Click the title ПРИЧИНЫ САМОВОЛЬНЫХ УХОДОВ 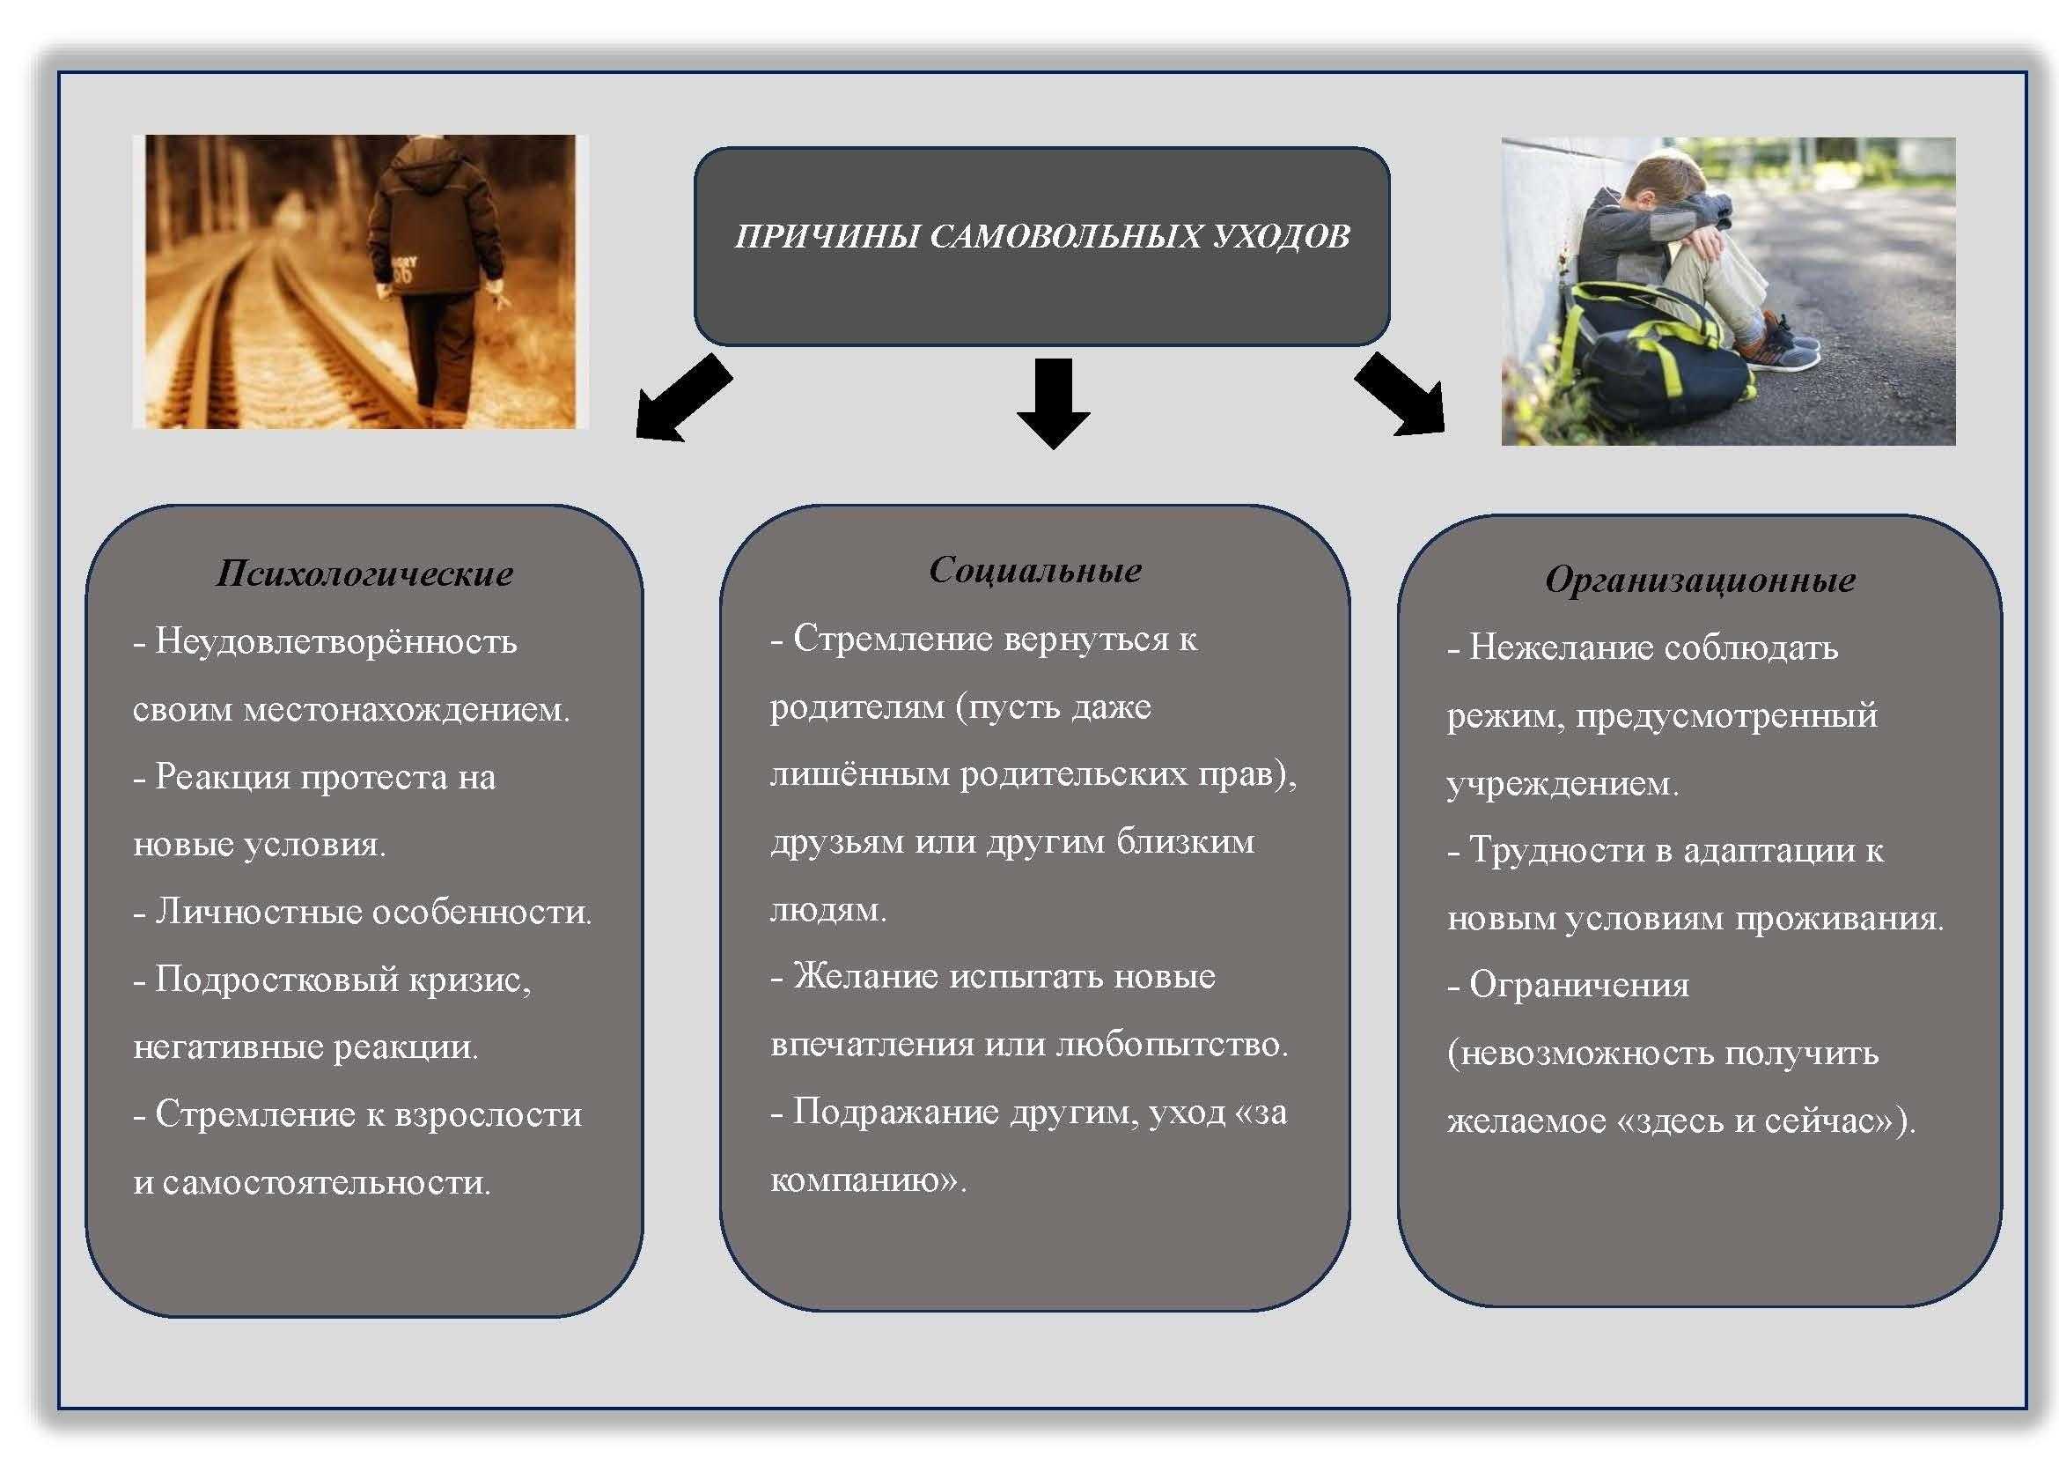(1042, 237)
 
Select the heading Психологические (365, 574)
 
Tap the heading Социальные (1035, 571)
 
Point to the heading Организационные (1701, 580)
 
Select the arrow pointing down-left (680, 400)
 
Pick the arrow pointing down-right (1401, 396)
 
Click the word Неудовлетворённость (336, 642)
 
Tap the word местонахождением (406, 711)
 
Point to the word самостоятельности (327, 1182)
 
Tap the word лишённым (859, 774)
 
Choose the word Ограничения (1579, 986)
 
